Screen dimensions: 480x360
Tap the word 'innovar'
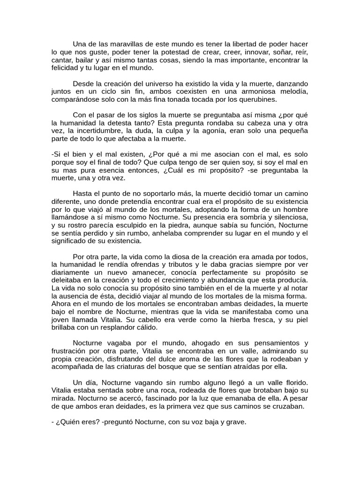point(241,52)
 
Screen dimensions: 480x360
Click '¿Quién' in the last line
point(71,422)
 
